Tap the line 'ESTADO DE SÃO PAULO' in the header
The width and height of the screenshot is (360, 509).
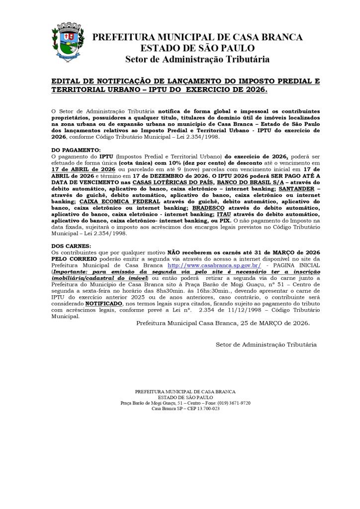tap(197, 48)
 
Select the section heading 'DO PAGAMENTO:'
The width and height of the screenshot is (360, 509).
tap(76, 150)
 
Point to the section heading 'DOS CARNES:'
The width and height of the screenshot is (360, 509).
tap(70, 246)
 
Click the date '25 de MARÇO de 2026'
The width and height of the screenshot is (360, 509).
tap(272, 323)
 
